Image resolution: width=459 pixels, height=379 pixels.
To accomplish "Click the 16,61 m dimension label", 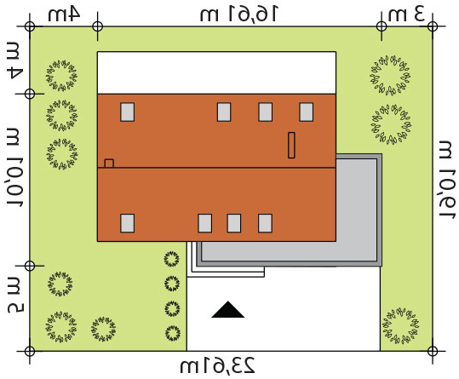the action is pyautogui.click(x=238, y=14).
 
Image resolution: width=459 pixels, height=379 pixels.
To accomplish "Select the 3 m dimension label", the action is pyautogui.click(x=406, y=14).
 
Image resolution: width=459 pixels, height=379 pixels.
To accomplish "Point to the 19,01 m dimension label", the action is pyautogui.click(x=447, y=179).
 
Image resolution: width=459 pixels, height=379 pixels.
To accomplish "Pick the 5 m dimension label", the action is pyautogui.click(x=15, y=295).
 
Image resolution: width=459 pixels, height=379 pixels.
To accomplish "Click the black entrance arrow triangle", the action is pyautogui.click(x=227, y=310).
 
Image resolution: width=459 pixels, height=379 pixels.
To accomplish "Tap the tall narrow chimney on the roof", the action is pyautogui.click(x=291, y=145).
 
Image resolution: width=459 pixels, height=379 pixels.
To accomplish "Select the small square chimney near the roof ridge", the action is pyautogui.click(x=109, y=164).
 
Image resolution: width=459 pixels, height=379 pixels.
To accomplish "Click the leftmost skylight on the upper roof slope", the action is pyautogui.click(x=128, y=112).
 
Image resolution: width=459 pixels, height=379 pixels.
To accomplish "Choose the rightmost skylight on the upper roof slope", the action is pyautogui.click(x=307, y=112).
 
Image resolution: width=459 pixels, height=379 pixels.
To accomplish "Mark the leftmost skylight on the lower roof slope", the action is pyautogui.click(x=128, y=223).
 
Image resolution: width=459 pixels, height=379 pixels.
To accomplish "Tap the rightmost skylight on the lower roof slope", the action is pyautogui.click(x=265, y=223).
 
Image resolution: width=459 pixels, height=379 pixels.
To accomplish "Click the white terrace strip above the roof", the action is pyautogui.click(x=216, y=72).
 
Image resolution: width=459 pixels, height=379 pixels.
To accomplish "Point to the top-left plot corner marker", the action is pyautogui.click(x=30, y=26).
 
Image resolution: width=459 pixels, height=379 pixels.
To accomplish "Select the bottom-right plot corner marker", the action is pyautogui.click(x=433, y=351).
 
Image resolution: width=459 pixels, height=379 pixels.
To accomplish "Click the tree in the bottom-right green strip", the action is pyautogui.click(x=400, y=324).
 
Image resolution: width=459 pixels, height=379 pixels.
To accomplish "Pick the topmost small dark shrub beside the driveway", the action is pyautogui.click(x=171, y=259).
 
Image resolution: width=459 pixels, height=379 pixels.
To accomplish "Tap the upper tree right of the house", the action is pyautogui.click(x=390, y=75).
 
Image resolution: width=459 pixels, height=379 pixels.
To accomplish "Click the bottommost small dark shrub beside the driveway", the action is pyautogui.click(x=172, y=333).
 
